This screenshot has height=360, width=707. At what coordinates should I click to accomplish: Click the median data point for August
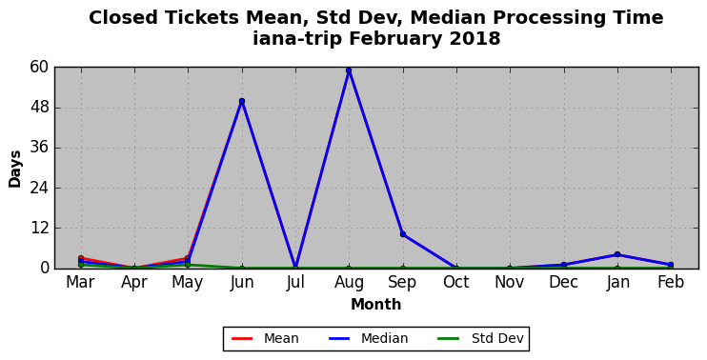pyautogui.click(x=349, y=70)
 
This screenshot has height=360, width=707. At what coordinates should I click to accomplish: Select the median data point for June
pyautogui.click(x=242, y=101)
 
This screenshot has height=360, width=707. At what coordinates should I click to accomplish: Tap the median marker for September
pyautogui.click(x=403, y=234)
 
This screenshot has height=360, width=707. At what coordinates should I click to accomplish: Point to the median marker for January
pyautogui.click(x=617, y=254)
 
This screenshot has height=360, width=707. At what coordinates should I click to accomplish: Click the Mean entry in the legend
pyautogui.click(x=265, y=338)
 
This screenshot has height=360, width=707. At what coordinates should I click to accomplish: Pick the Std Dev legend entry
pyautogui.click(x=480, y=338)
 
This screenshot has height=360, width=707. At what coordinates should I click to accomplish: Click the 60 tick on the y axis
pyautogui.click(x=39, y=67)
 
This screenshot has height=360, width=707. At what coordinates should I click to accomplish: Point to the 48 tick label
pyautogui.click(x=39, y=108)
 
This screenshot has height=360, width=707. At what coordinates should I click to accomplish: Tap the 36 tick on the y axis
pyautogui.click(x=39, y=148)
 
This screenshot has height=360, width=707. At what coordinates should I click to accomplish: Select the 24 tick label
pyautogui.click(x=39, y=188)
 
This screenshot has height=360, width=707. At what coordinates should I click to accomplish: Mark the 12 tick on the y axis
pyautogui.click(x=39, y=228)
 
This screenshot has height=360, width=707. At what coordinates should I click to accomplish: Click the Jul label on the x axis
pyautogui.click(x=295, y=283)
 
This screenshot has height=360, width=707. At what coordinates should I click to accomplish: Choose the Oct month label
pyautogui.click(x=456, y=283)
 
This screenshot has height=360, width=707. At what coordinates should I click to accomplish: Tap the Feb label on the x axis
pyautogui.click(x=671, y=283)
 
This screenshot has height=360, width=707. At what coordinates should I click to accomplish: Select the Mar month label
pyautogui.click(x=81, y=283)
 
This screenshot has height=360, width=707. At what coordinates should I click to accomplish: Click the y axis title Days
pyautogui.click(x=15, y=169)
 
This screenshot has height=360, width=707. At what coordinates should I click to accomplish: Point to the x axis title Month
pyautogui.click(x=376, y=305)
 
